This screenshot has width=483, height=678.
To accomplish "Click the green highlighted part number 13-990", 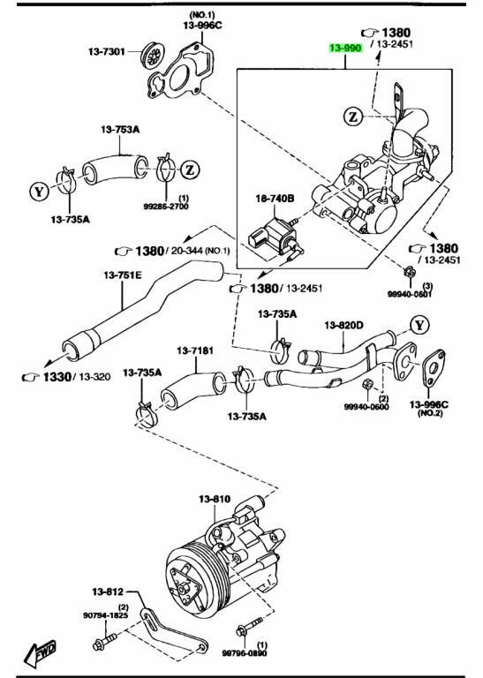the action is tap(345, 48).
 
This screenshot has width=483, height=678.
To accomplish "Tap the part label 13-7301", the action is tap(106, 51).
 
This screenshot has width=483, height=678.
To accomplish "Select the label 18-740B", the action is tap(275, 199).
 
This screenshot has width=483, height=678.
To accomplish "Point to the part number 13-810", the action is tap(215, 499).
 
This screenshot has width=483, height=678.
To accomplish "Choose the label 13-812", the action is tap(107, 591).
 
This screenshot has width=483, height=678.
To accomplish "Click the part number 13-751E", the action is tap(123, 275).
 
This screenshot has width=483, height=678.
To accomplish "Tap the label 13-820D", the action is tap(344, 325).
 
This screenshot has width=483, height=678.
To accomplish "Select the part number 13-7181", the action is tap(195, 350).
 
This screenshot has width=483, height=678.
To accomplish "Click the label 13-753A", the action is tap(120, 129).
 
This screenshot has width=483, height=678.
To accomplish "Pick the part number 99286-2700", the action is tap(166, 207).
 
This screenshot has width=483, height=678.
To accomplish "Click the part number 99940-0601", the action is tap(410, 294).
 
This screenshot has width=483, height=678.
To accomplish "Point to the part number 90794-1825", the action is tap(105, 614).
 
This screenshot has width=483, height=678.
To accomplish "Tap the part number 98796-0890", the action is tap(245, 653).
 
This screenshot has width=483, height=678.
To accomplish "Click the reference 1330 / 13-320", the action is tap(66, 377).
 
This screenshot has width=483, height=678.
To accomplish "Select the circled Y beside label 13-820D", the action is tap(419, 324).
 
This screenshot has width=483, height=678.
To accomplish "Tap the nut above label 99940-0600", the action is tap(367, 382).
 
